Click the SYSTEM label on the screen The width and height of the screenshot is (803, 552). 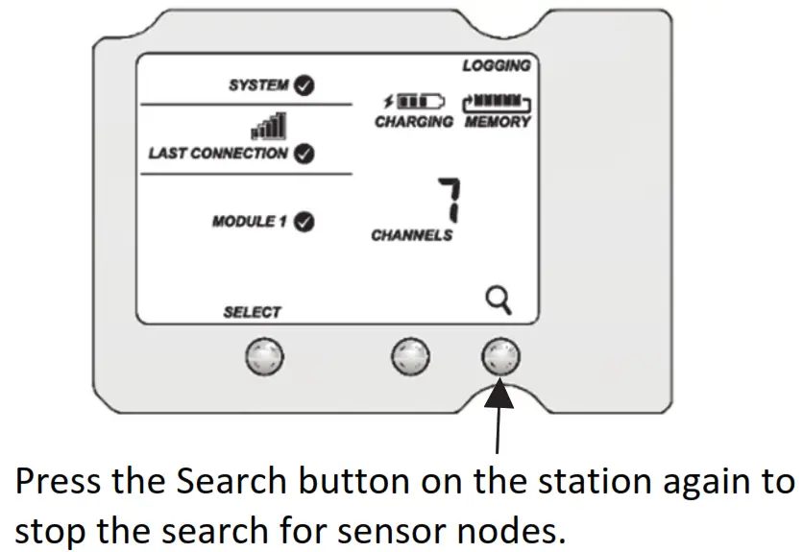[257, 85]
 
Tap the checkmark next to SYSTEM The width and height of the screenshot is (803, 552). [304, 85]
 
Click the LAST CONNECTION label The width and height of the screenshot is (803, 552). [217, 154]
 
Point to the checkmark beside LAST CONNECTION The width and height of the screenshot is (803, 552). [304, 154]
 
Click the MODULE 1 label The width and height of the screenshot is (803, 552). [250, 222]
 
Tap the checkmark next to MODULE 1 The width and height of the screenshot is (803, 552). [304, 222]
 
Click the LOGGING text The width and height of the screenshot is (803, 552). [496, 65]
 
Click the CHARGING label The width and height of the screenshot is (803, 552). [413, 122]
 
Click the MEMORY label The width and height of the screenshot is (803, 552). [498, 122]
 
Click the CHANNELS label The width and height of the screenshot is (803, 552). [411, 235]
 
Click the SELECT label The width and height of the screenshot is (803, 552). [252, 312]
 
